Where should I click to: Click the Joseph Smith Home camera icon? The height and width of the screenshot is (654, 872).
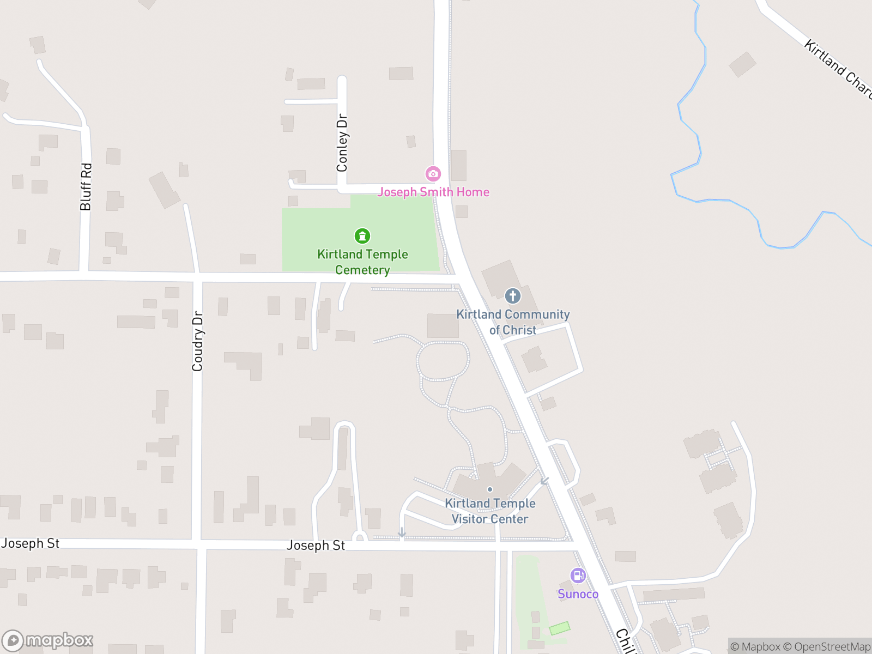(x=433, y=174)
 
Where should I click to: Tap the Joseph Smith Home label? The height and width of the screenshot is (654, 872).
(x=433, y=192)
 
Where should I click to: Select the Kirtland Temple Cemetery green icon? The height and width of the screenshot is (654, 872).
(x=362, y=236)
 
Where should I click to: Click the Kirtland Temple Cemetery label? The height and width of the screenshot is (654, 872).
(x=362, y=262)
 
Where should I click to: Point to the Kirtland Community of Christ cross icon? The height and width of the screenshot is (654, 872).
(x=512, y=296)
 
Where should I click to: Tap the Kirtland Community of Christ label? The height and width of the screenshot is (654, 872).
(x=513, y=322)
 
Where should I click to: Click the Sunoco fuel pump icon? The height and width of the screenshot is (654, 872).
(x=578, y=576)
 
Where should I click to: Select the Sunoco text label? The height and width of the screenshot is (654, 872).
(x=578, y=594)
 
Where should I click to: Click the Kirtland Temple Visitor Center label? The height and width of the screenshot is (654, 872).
(x=490, y=511)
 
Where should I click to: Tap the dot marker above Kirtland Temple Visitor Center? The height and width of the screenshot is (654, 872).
(x=490, y=489)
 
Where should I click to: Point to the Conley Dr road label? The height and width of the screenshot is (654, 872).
(x=342, y=143)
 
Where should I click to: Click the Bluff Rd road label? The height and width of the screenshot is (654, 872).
(x=86, y=187)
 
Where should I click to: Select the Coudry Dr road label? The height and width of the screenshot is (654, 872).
(x=197, y=341)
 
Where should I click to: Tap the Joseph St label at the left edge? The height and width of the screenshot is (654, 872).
(x=30, y=543)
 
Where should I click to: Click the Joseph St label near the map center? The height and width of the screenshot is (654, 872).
(x=316, y=546)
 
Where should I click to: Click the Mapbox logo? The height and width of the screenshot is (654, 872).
(x=47, y=640)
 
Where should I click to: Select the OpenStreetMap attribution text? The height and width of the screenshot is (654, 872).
(x=832, y=647)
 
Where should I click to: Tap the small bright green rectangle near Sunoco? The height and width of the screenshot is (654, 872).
(x=559, y=628)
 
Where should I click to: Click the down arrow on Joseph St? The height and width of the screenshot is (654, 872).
(x=402, y=532)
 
